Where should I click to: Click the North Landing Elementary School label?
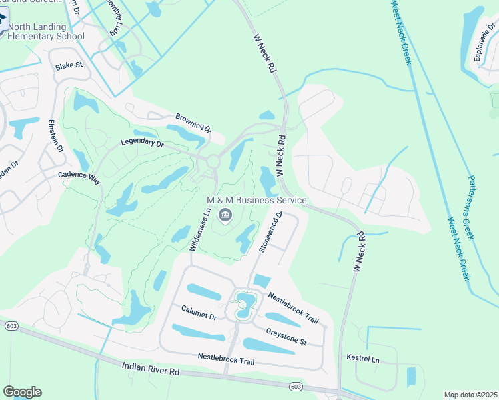(46, 31)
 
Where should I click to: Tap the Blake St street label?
(69, 66)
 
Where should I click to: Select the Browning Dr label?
(193, 123)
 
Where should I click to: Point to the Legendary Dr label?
(142, 143)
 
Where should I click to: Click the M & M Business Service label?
(256, 200)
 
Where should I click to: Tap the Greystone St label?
(286, 337)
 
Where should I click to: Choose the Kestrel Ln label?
(363, 359)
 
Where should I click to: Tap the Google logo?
(22, 392)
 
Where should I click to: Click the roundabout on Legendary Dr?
(213, 161)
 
